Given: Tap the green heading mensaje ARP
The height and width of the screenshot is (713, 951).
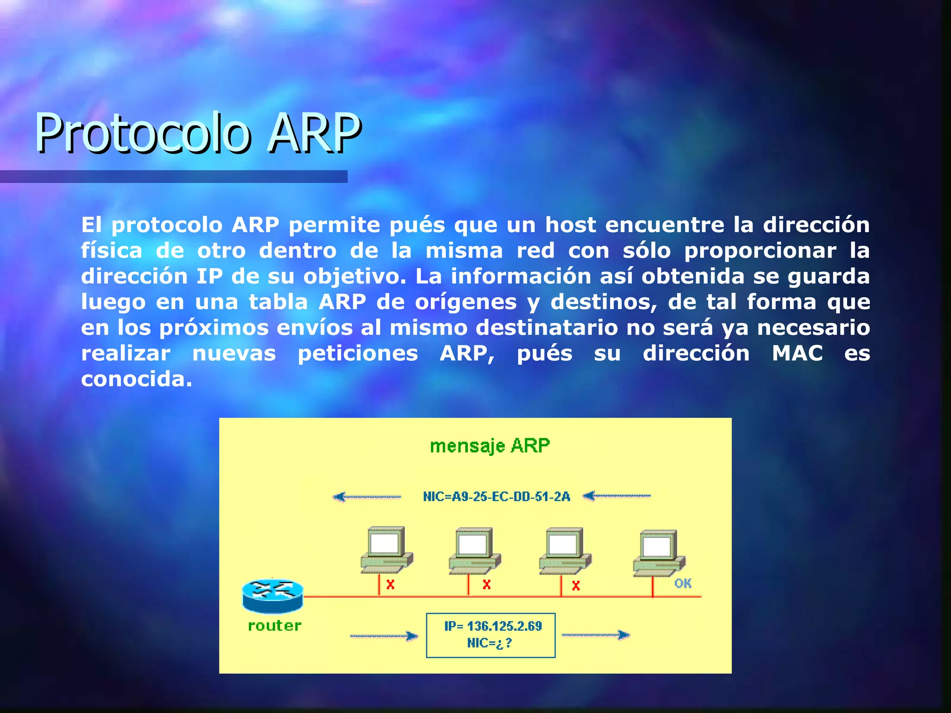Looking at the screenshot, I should click(490, 446).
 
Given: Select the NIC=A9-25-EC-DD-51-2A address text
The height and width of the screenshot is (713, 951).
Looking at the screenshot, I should click(496, 497).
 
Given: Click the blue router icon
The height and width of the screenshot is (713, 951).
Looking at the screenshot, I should click(273, 596).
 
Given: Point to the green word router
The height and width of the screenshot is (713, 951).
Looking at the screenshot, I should click(275, 626).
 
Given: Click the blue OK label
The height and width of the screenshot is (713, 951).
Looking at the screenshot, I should click(683, 583).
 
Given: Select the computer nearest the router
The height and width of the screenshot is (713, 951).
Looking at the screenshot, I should click(386, 550).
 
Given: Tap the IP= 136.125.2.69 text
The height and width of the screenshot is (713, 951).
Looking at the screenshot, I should click(493, 626).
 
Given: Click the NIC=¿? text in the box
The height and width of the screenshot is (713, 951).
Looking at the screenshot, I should click(489, 643).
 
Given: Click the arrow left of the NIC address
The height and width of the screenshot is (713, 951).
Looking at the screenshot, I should click(367, 497).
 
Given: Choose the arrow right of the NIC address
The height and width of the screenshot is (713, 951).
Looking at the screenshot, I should click(617, 496).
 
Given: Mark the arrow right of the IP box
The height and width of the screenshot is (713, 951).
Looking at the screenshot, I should click(596, 635).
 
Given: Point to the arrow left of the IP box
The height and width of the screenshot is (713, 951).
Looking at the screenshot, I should click(384, 636).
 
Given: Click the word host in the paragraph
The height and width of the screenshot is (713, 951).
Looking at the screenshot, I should click(570, 225).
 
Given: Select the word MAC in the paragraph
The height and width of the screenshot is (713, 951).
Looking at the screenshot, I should click(797, 353).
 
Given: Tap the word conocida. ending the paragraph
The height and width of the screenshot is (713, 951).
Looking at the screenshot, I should click(137, 379).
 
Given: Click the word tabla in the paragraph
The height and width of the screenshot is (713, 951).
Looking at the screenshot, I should click(278, 302).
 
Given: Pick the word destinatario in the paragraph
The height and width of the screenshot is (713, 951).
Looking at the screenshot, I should click(547, 328).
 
